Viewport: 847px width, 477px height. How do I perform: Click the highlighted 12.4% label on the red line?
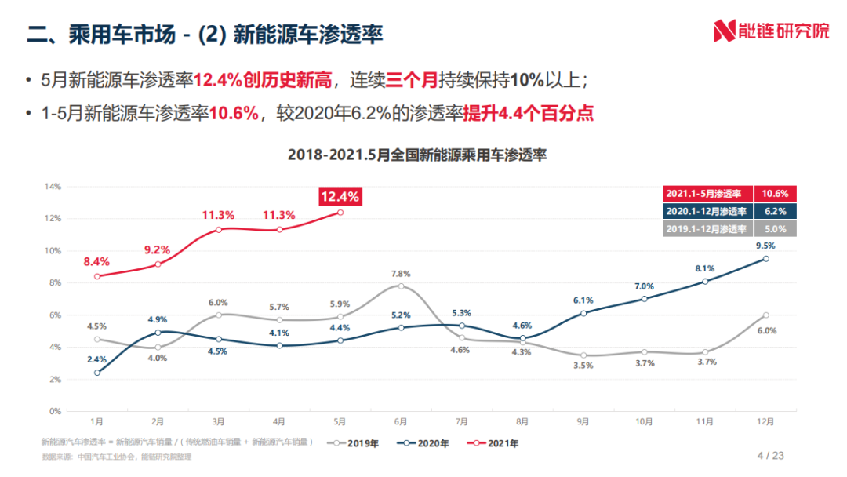tap(340, 197)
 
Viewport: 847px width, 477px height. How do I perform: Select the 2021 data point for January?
tap(96, 276)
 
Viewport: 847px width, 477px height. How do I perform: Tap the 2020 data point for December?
tap(765, 258)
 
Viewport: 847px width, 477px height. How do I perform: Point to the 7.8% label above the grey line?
tap(401, 274)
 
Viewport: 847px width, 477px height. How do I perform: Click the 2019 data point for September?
tap(583, 355)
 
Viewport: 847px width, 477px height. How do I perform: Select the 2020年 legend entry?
tap(423, 443)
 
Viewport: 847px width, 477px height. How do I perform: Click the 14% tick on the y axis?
tap(52, 187)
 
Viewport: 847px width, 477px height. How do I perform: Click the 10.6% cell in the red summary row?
tap(775, 194)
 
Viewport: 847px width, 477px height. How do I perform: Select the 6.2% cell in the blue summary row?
tap(775, 211)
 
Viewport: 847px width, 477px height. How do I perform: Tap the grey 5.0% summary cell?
tap(775, 228)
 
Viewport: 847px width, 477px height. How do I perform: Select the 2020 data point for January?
tap(96, 373)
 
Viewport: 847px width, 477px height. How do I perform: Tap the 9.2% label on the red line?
tap(157, 249)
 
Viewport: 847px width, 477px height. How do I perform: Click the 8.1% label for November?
tap(704, 268)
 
